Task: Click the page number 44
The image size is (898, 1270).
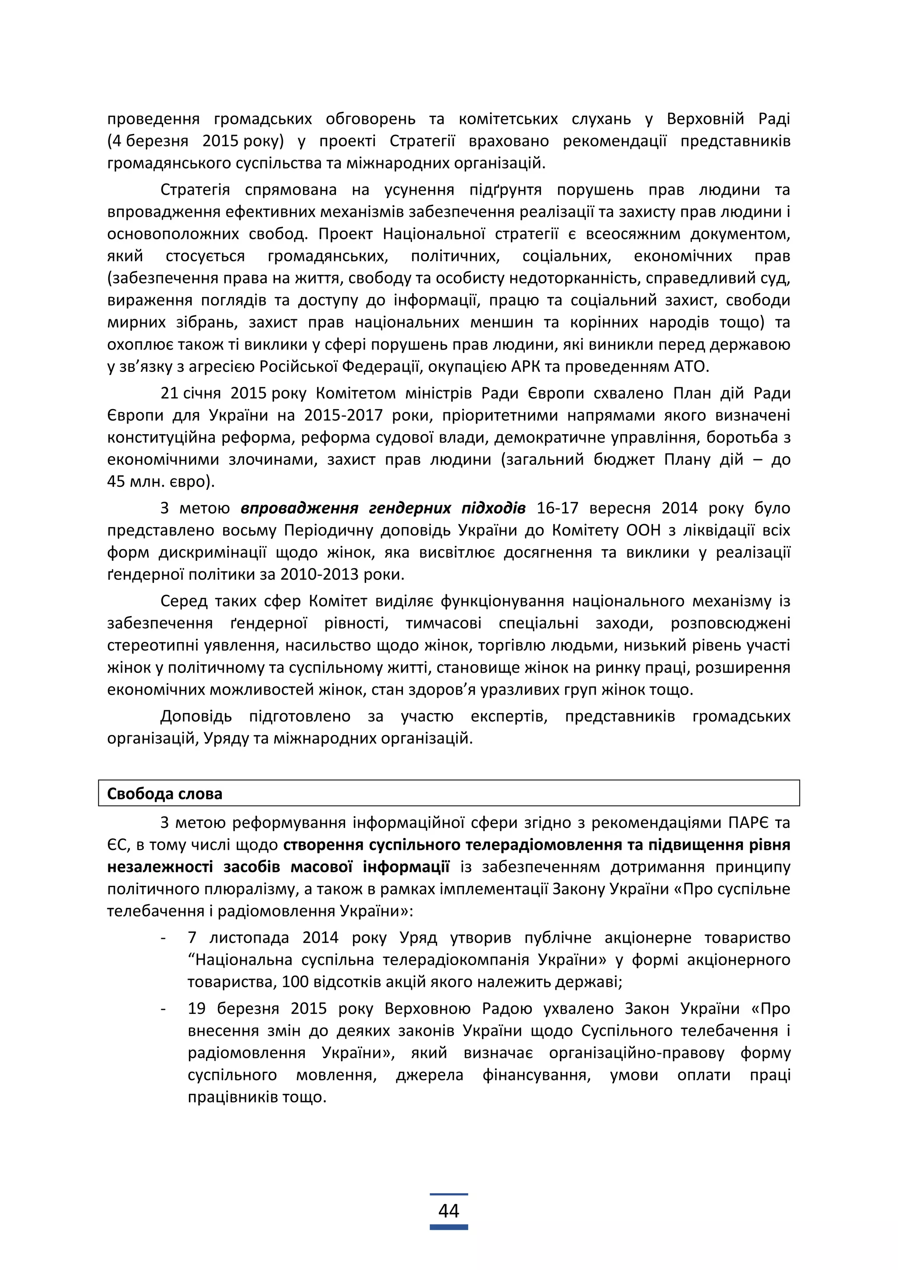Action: click(449, 1211)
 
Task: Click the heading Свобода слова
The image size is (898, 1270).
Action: click(164, 793)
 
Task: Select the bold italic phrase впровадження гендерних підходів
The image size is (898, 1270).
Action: click(383, 508)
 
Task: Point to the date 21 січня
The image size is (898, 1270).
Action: click(191, 393)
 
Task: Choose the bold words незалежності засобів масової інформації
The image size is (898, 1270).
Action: click(278, 867)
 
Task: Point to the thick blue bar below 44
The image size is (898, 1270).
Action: click(449, 1227)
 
